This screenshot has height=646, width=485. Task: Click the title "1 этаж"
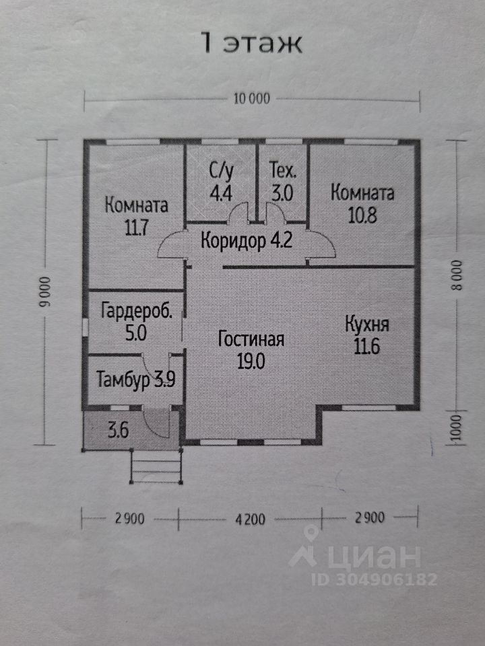click(x=251, y=43)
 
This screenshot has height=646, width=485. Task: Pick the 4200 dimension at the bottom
click(x=250, y=518)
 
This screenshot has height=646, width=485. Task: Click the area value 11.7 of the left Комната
click(x=136, y=227)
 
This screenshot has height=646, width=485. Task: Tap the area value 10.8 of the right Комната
click(x=362, y=216)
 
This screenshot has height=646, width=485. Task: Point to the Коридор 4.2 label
click(x=247, y=240)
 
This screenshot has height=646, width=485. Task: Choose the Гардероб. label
click(x=137, y=311)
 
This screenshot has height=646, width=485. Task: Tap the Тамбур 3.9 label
click(x=135, y=378)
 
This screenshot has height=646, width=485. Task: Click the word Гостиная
click(x=251, y=339)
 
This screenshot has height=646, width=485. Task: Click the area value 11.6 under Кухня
click(x=367, y=347)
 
